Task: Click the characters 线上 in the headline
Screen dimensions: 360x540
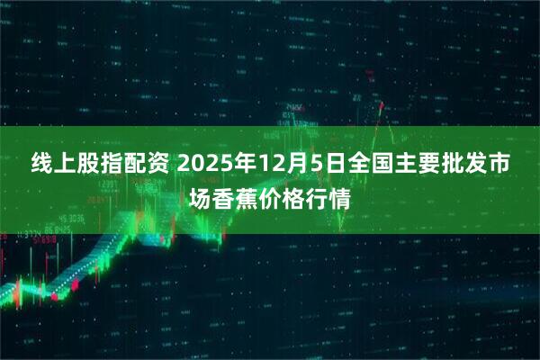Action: pos(53,165)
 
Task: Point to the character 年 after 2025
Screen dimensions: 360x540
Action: pos(238,165)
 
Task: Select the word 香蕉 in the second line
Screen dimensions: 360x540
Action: pos(235,197)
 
